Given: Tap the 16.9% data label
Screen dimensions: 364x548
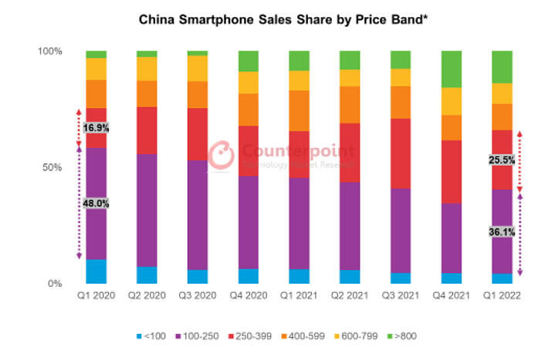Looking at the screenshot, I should (x=96, y=128).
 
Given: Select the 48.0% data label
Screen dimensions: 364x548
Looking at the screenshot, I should (x=96, y=204).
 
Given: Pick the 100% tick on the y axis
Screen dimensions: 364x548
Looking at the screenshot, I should (x=50, y=52).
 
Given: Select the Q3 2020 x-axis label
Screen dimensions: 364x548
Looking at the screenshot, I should (x=198, y=296).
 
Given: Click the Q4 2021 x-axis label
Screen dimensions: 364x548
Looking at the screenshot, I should (x=451, y=296).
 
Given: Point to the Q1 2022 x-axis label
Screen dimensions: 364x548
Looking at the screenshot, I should (x=502, y=296).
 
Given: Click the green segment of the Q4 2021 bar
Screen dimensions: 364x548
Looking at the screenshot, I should (x=451, y=69).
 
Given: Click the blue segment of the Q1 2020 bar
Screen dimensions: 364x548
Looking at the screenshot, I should (x=96, y=271).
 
